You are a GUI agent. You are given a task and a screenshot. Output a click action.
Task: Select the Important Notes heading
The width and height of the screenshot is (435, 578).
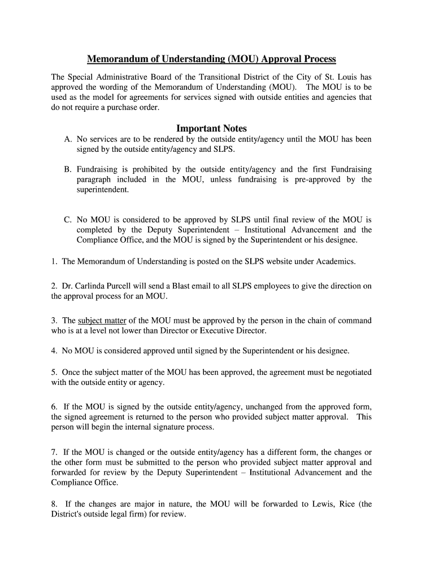[211, 128]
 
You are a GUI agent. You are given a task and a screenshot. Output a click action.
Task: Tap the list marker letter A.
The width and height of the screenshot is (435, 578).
[67, 139]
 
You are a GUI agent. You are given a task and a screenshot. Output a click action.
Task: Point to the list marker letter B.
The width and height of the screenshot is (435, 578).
[67, 169]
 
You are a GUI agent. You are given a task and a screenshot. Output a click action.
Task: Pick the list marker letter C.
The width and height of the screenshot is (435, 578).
[67, 220]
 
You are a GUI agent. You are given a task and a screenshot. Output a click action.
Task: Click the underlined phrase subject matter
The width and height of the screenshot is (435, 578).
[102, 321]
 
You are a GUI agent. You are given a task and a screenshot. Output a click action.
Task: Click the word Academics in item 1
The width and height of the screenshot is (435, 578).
[337, 261]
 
